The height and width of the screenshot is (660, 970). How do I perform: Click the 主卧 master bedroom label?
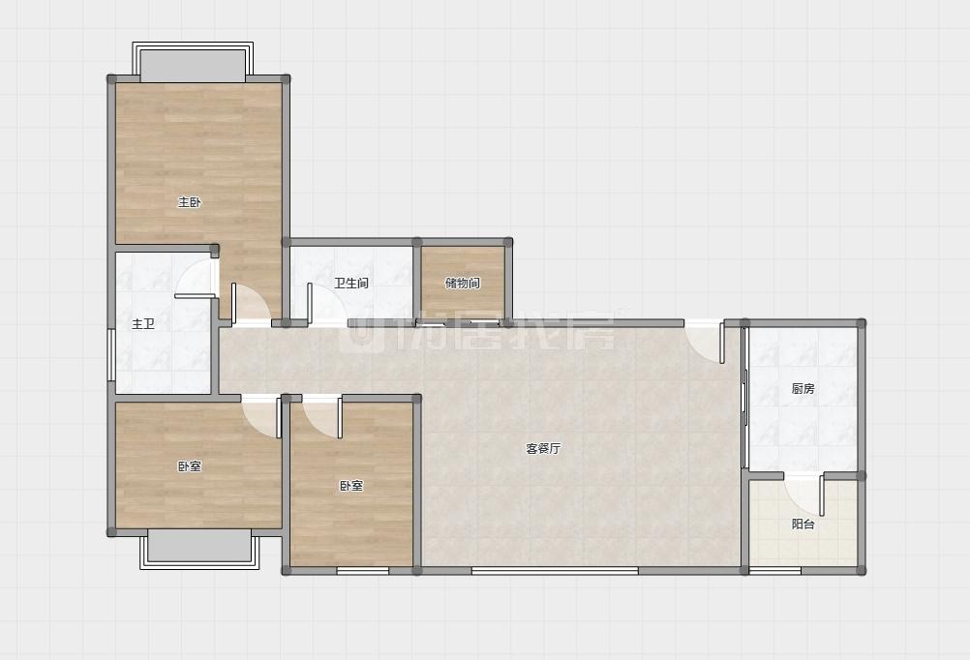pyautogui.click(x=190, y=202)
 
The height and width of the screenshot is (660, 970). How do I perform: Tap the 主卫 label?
pyautogui.click(x=143, y=323)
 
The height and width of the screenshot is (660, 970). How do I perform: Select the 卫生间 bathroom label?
pyautogui.click(x=351, y=284)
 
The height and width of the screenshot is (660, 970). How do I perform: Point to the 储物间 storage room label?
pyautogui.click(x=463, y=284)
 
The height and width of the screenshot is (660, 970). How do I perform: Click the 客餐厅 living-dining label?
pyautogui.click(x=543, y=448)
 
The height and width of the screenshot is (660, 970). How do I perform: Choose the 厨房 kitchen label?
pyautogui.click(x=803, y=388)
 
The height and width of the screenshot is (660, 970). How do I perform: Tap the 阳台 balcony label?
pyautogui.click(x=803, y=524)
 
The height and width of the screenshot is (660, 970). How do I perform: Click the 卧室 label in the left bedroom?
pyautogui.click(x=190, y=466)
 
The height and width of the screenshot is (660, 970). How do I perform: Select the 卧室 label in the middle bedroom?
pyautogui.click(x=351, y=486)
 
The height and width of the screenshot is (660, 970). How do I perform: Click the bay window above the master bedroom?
pyautogui.click(x=193, y=62)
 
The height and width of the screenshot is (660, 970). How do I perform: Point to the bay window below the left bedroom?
pyautogui.click(x=199, y=550)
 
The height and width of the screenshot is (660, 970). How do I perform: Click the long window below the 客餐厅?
pyautogui.click(x=555, y=570)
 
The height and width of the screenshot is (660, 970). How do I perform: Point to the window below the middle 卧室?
pyautogui.click(x=362, y=570)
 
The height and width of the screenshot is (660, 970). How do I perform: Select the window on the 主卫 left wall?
pyautogui.click(x=111, y=354)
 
